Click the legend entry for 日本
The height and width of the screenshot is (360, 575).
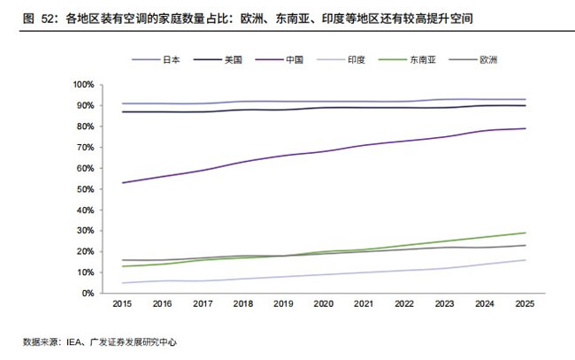157,60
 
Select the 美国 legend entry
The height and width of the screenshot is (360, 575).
218,60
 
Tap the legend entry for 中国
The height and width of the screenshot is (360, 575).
280,60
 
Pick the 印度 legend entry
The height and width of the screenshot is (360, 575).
341,60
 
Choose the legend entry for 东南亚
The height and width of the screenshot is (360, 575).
408,60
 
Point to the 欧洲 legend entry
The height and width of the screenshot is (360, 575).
473,60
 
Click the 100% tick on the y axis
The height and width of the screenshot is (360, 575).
84,85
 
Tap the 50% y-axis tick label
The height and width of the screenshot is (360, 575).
86,189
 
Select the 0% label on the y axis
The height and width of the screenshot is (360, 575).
88,294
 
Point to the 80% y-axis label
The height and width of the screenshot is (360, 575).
86,126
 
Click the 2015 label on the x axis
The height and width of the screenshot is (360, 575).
122,303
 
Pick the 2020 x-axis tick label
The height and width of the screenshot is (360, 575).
324,303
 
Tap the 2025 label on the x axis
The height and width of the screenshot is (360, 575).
525,303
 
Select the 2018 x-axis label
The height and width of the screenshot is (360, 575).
243,303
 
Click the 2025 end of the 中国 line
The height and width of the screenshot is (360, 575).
525,128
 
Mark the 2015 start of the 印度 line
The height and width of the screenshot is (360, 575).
122,283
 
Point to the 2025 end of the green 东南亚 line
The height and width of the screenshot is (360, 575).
525,233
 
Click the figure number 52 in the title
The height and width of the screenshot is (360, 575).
48,19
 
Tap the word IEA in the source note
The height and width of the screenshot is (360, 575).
73,342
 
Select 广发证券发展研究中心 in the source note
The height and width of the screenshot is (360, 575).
134,342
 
